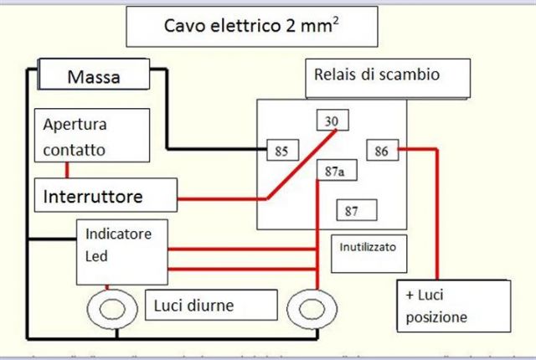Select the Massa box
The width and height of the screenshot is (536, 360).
[95, 77]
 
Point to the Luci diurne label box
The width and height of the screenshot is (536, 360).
[211, 306]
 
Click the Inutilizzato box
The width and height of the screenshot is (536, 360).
[374, 249]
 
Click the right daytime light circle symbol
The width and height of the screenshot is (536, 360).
[309, 309]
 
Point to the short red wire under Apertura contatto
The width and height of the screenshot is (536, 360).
[66, 170]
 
